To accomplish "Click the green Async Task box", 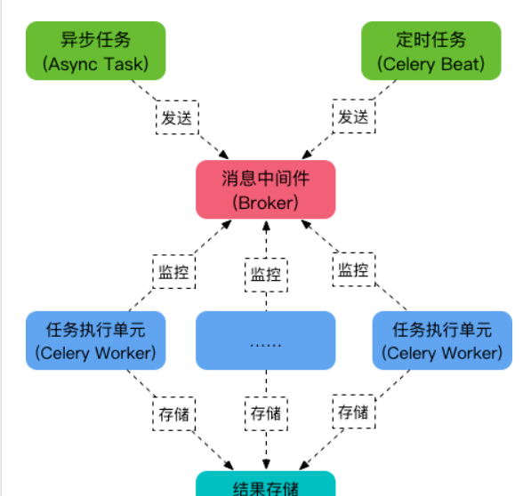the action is (x=96, y=51).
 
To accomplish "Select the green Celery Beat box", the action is (x=431, y=51).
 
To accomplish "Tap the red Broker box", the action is (x=266, y=189).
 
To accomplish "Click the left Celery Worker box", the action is (x=96, y=340).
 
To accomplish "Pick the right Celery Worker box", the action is (x=442, y=340).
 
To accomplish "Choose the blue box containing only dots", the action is (x=266, y=340).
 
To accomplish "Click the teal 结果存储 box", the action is (x=266, y=484).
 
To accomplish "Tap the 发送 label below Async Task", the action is (x=177, y=117).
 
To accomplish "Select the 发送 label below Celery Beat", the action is (x=354, y=116).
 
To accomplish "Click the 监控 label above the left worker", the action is (x=174, y=272).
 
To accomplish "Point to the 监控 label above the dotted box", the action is (x=266, y=275).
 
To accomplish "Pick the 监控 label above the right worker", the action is (x=354, y=269).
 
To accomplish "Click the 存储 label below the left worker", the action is (x=174, y=414).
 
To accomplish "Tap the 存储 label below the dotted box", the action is (x=266, y=413).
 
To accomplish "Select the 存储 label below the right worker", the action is (x=354, y=412).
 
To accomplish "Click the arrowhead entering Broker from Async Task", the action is (x=224, y=155).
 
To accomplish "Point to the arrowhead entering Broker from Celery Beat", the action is (x=307, y=155).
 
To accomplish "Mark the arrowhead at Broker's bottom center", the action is (x=266, y=226).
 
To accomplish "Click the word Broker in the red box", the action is (x=266, y=203).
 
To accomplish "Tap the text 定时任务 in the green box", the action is (x=431, y=40).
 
